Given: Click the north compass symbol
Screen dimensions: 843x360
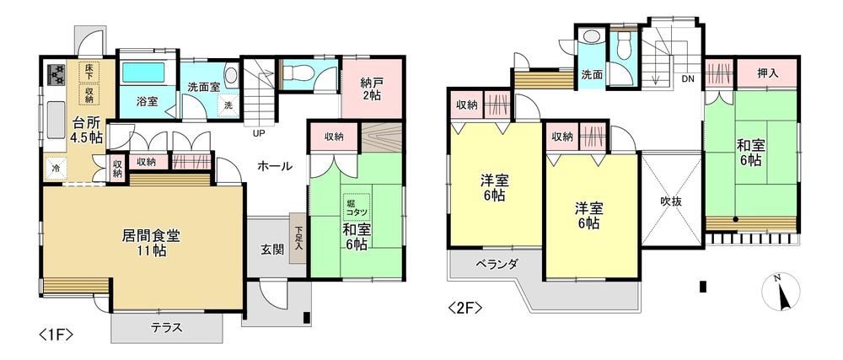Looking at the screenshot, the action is [781, 292].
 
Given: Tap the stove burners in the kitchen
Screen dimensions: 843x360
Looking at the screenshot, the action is [56, 74].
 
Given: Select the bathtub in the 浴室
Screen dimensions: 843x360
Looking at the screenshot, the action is [143, 73].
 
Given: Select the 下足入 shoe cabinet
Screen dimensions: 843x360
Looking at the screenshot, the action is [298, 238].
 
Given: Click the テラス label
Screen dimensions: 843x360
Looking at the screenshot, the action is [166, 327].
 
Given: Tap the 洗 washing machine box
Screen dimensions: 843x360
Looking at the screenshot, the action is [228, 105].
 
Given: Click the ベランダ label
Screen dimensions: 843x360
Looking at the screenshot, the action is [497, 264].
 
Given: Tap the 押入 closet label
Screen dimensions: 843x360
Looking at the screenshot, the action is [768, 73].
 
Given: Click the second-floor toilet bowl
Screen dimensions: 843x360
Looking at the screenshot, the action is [624, 46].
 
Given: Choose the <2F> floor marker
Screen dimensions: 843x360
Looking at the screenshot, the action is [464, 309].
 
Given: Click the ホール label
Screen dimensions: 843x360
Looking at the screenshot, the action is [274, 167].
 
